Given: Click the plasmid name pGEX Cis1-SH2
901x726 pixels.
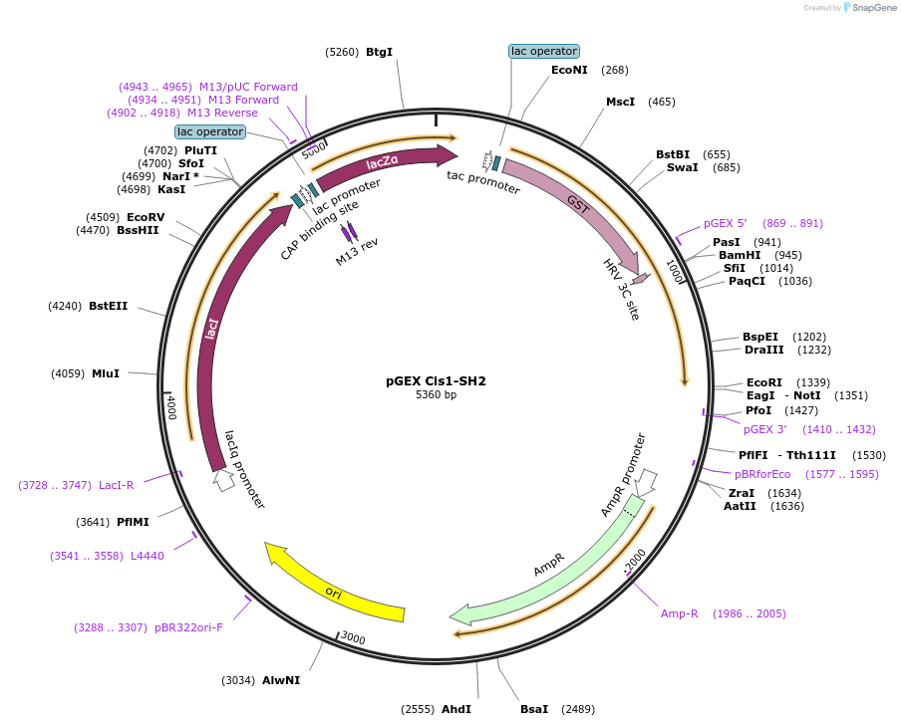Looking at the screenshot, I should coord(436,380).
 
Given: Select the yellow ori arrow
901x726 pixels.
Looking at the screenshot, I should coord(334,589).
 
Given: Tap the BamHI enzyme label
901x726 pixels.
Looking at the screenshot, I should coord(740,255).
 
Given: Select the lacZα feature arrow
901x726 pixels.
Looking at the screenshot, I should coord(384,161).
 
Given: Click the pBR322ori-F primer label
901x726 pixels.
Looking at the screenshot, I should coord(188,627).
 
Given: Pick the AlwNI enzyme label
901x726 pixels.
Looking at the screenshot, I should coord(281,680).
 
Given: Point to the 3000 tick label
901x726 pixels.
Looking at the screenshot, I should coord(353,637).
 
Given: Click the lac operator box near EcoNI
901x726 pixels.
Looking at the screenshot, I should coord(543,51).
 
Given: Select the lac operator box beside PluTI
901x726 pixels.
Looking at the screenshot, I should coord(210,131).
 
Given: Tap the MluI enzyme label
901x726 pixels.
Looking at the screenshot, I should coord(106,373).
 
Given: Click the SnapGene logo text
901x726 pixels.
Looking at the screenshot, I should coord(873,8).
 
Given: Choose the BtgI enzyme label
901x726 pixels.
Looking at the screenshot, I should coord(380,52).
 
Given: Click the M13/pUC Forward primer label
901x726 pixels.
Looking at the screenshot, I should coord(248,87).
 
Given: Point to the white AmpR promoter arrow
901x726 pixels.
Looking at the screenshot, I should coord(646,482).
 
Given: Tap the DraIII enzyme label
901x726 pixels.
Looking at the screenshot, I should coord(763,350).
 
